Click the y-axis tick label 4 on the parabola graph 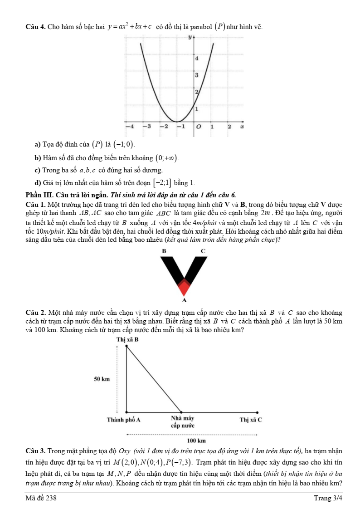(196, 59)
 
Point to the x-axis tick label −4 (129, 127)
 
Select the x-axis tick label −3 (146, 127)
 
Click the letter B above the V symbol (164, 250)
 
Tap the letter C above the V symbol (203, 250)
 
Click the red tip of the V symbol (184, 287)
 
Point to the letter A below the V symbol (184, 300)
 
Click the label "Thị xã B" (127, 339)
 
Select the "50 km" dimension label (102, 379)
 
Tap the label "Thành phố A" (123, 420)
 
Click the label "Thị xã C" (251, 420)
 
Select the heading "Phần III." (39, 196)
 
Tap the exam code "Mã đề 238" (42, 499)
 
